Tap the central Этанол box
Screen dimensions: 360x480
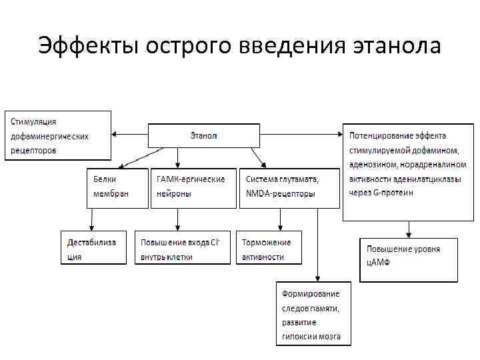pos(203,136)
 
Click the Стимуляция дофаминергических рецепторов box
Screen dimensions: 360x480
pos(58,135)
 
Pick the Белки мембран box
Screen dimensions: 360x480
pos(117,187)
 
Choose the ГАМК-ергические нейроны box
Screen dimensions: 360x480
pos(193,187)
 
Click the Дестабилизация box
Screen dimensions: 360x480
pos(93,247)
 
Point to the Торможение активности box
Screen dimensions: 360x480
pos(269,247)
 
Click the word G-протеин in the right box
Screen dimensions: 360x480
pos(394,193)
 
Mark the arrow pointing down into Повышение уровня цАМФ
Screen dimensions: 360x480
pos(409,229)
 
